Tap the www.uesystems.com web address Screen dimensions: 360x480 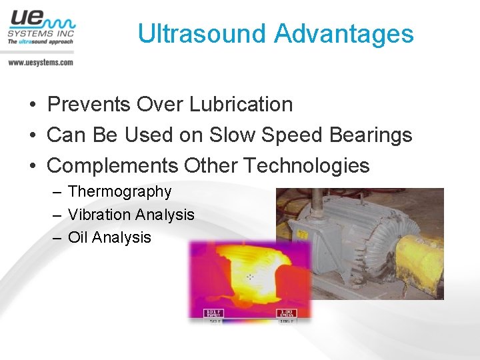click(41, 62)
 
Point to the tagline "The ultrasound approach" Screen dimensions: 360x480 click(40, 41)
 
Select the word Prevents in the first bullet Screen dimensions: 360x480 click(89, 105)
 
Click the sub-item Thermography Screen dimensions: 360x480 click(119, 192)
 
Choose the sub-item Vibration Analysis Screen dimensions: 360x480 click(131, 215)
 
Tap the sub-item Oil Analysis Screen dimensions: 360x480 click(109, 237)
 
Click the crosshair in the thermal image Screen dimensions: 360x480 click(251, 276)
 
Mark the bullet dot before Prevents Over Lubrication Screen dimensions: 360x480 click(32, 105)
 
